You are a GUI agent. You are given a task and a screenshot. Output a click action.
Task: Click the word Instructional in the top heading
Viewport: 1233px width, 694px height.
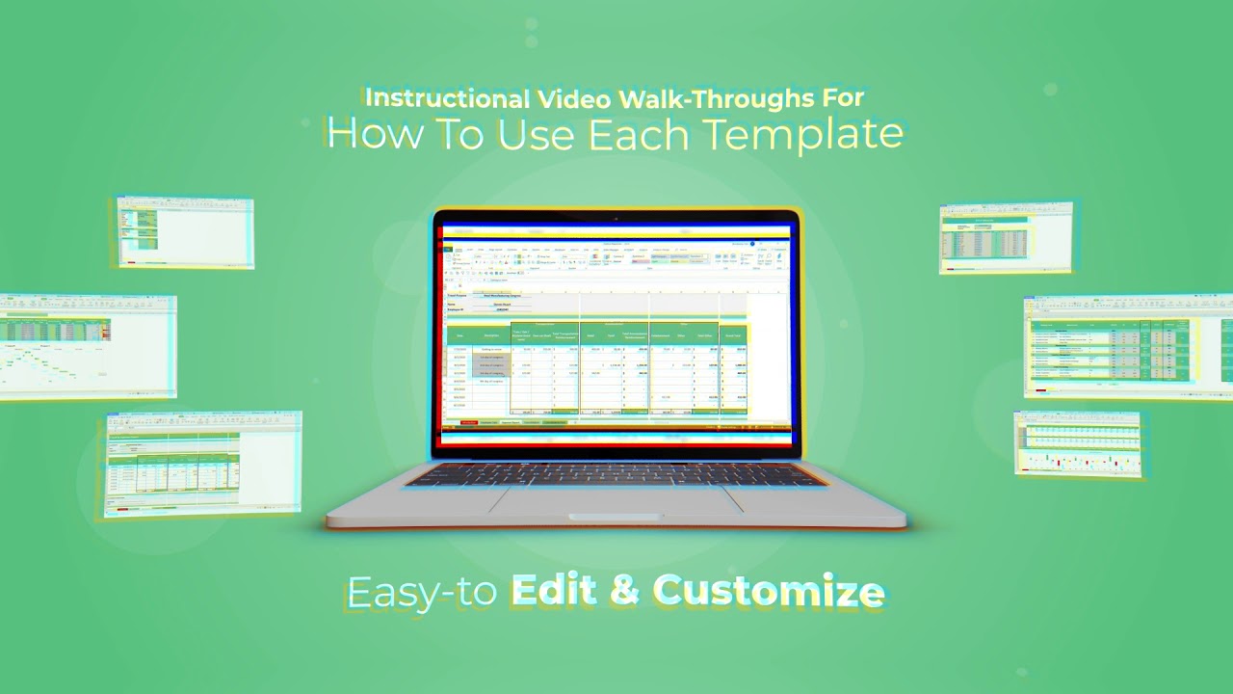pyautogui.click(x=444, y=98)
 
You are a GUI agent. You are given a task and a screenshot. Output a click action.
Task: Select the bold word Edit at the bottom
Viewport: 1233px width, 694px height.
pyautogui.click(x=556, y=590)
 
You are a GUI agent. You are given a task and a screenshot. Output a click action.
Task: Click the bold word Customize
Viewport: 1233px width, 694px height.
pyautogui.click(x=768, y=591)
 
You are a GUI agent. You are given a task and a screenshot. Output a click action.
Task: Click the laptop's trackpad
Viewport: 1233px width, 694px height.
pyautogui.click(x=616, y=499)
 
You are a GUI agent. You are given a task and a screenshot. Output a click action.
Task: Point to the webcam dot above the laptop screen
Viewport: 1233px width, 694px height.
pyautogui.click(x=616, y=218)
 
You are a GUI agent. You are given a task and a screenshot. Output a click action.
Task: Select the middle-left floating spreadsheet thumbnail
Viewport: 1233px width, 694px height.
pyautogui.click(x=88, y=346)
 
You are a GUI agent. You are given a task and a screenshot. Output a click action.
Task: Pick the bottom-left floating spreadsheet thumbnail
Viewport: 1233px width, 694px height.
pyautogui.click(x=203, y=464)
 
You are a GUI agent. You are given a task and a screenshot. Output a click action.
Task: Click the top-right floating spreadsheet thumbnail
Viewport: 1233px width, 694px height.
pyautogui.click(x=1006, y=237)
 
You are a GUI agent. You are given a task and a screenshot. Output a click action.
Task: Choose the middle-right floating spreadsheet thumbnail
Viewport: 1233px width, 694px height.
pyautogui.click(x=1127, y=346)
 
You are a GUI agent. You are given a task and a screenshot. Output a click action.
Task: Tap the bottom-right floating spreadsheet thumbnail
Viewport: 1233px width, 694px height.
pyautogui.click(x=1077, y=442)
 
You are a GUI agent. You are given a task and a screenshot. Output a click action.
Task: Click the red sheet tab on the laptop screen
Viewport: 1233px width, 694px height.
pyautogui.click(x=469, y=422)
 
